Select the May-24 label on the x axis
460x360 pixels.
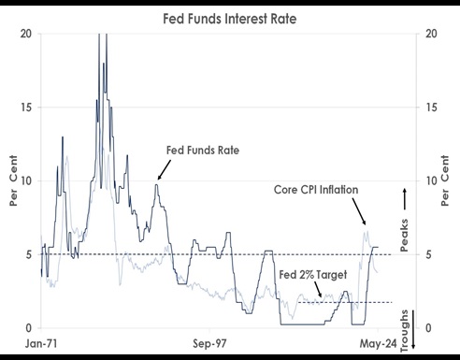coord(381,343)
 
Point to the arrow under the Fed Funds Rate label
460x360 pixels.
coord(161,170)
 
